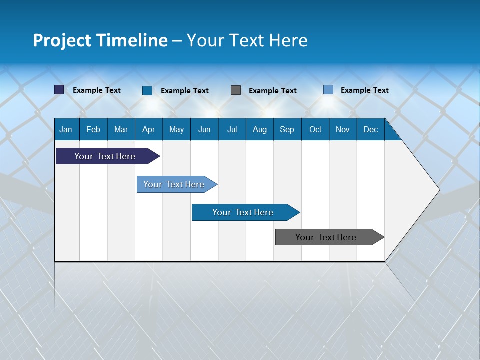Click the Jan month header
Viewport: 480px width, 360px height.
coord(66,129)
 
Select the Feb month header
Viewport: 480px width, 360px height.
coord(93,129)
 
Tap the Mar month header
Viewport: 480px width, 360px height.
coord(121,129)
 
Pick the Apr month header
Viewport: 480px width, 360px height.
coord(149,129)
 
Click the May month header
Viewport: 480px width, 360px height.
coord(176,129)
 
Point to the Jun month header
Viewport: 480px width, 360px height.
coord(204,129)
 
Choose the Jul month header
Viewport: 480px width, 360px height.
coord(232,129)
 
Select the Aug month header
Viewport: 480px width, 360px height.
coord(260,129)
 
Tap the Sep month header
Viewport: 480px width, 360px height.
coord(287,129)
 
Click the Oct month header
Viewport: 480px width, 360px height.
coord(315,129)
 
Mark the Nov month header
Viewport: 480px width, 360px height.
coord(343,129)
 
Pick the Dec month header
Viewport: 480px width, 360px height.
coord(371,129)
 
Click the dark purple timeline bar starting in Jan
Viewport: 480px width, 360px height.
coord(105,156)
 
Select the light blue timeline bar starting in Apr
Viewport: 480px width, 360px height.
coord(174,184)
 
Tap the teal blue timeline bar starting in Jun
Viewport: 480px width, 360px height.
coord(243,212)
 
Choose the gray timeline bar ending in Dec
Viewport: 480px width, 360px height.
coord(326,237)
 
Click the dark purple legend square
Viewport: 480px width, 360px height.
coord(59,90)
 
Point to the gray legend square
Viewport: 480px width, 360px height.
coord(236,90)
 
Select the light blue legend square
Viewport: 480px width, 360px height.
coord(328,90)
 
